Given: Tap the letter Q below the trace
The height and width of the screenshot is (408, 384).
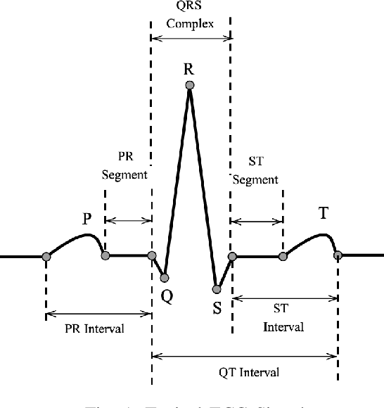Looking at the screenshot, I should [x=167, y=296].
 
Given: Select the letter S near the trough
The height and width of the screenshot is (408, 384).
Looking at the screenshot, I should [x=217, y=307].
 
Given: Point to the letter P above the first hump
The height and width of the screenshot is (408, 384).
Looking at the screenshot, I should [x=87, y=219].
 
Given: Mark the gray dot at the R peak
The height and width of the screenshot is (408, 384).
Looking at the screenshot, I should [x=189, y=86].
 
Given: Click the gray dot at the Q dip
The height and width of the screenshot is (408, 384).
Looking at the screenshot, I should [x=165, y=278].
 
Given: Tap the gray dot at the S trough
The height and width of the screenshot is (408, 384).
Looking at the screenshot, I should [x=217, y=288].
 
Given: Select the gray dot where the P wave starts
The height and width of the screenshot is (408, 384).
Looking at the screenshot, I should [x=46, y=256].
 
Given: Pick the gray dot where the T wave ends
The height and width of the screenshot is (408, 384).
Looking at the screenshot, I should [x=338, y=255].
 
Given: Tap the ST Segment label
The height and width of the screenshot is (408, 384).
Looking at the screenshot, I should [x=255, y=171].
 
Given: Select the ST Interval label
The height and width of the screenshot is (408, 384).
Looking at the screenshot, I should [x=283, y=319].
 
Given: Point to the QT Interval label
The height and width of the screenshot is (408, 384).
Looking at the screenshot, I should [x=250, y=373].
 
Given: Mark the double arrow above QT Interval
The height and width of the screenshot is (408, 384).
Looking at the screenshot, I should [x=244, y=357].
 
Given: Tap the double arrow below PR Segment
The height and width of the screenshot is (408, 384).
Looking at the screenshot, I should [x=128, y=221].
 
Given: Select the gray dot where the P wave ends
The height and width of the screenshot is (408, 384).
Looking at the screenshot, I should [x=105, y=256].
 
